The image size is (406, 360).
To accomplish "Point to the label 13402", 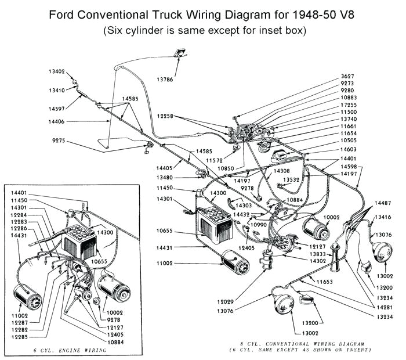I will pyautogui.click(x=57, y=72).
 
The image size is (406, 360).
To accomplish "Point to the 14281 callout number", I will pyautogui.click(x=383, y=307).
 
